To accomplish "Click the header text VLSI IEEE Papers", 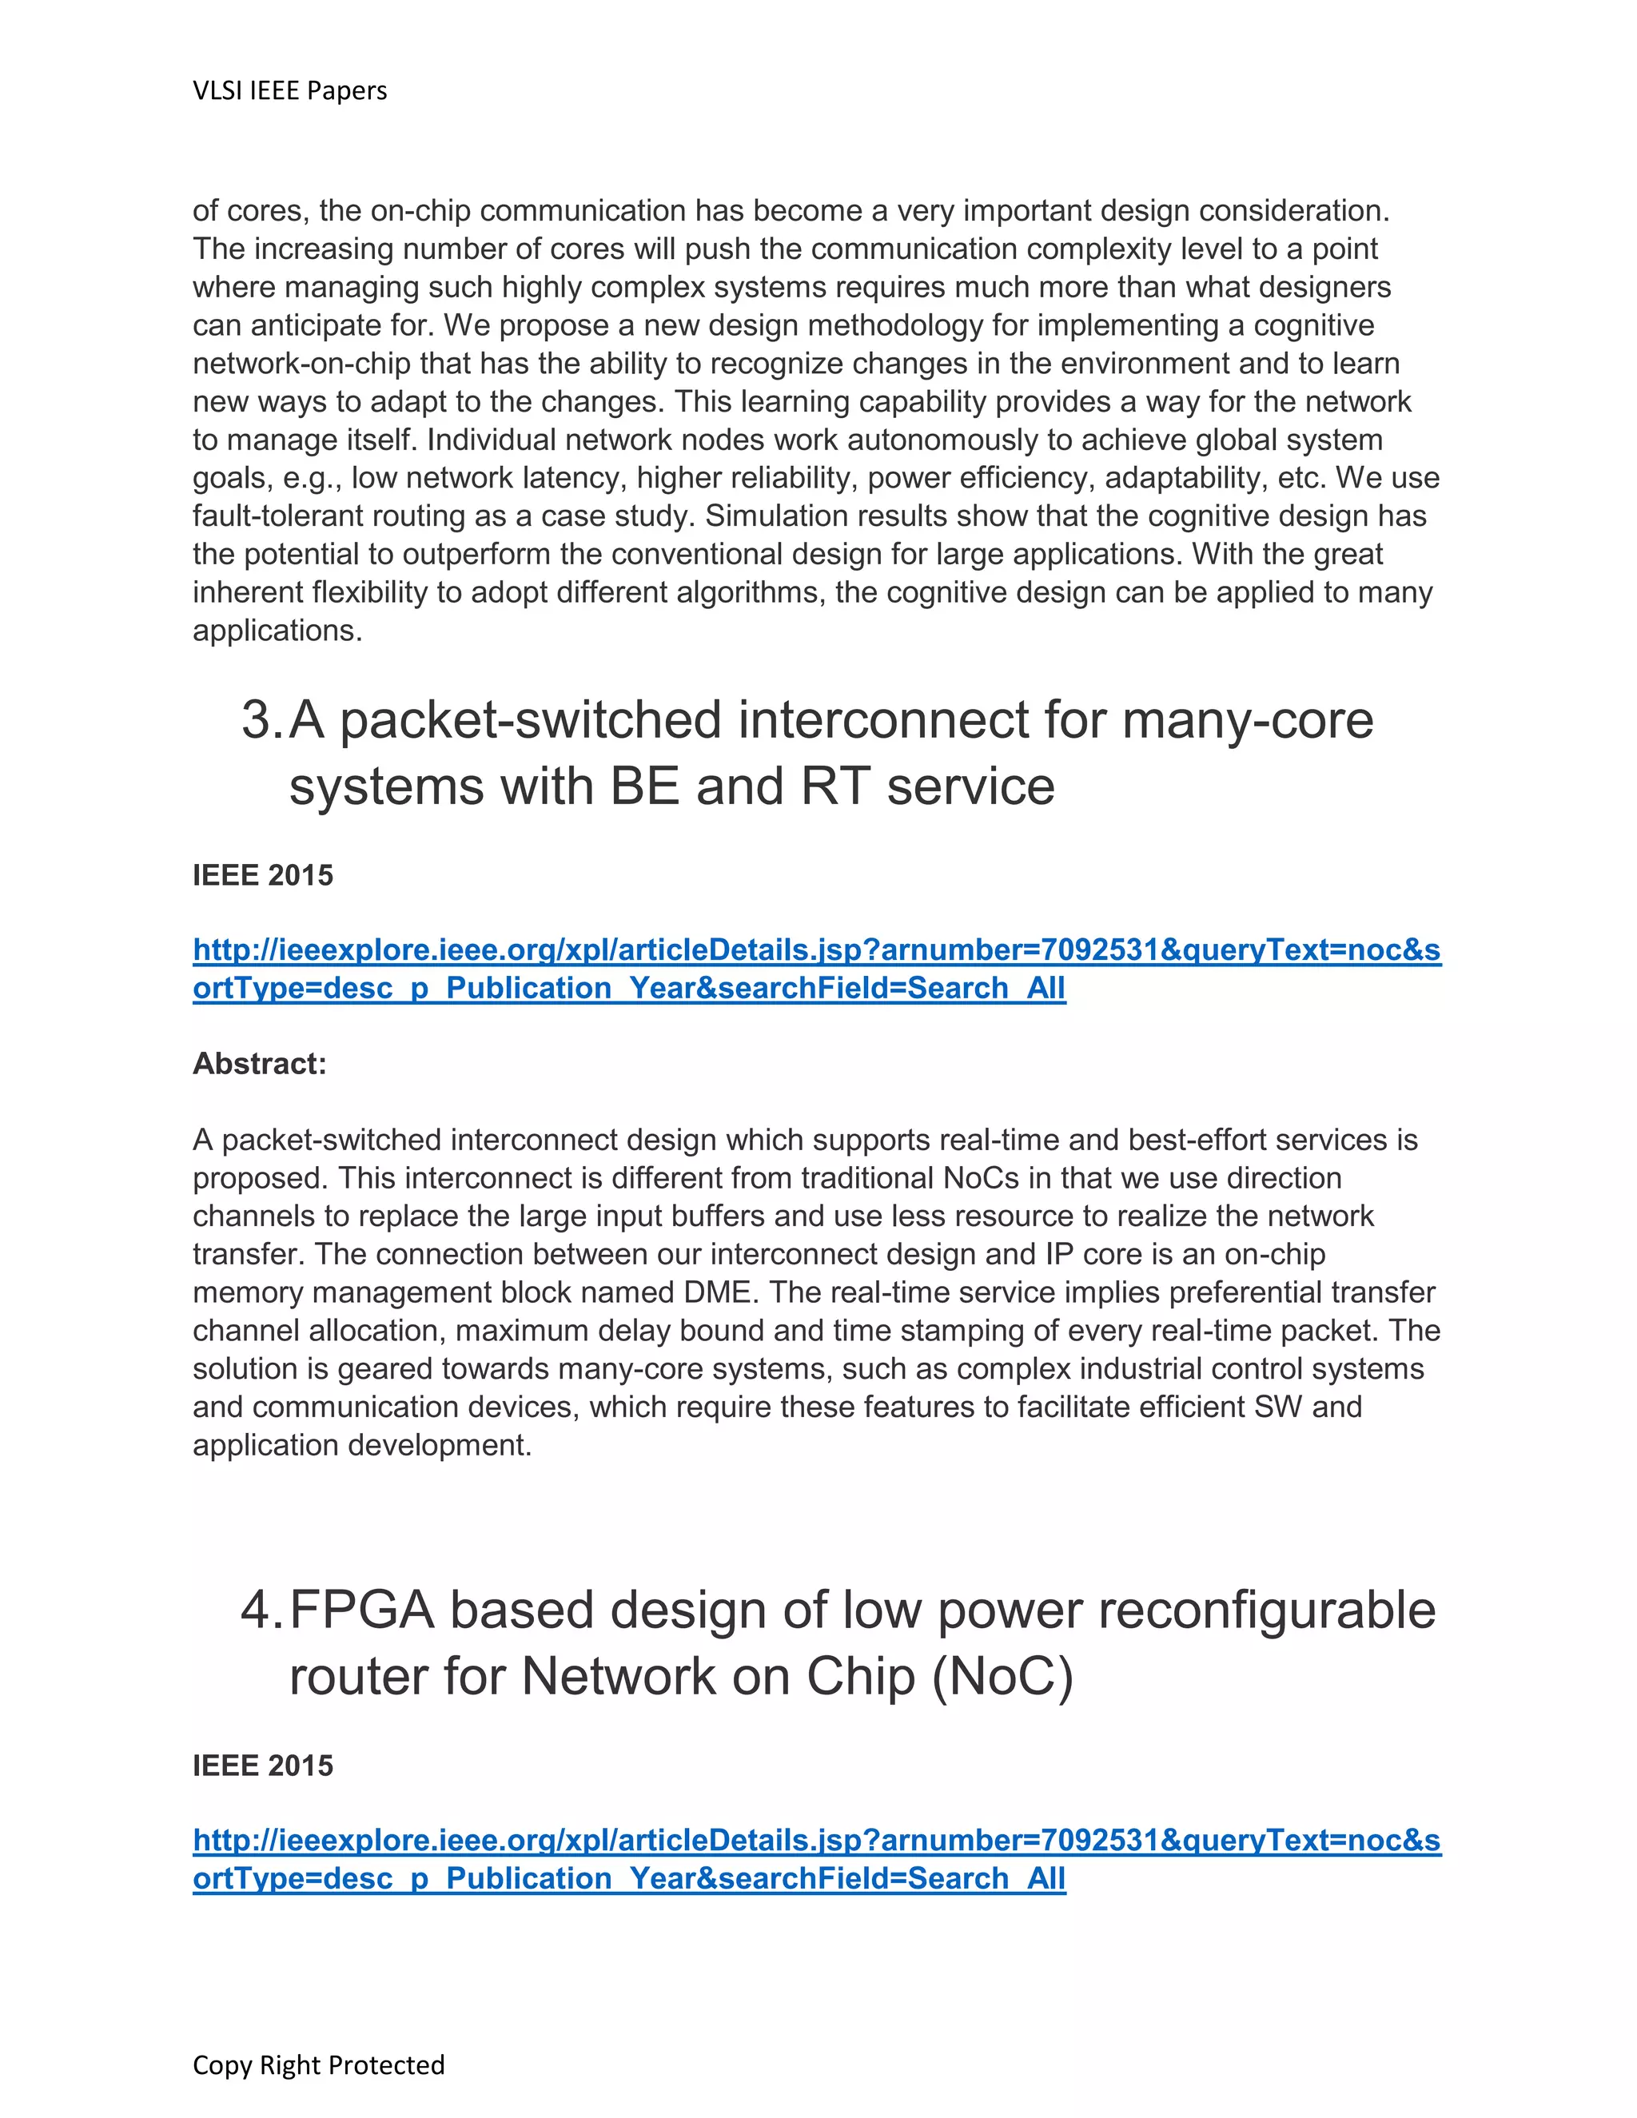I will click(x=290, y=91).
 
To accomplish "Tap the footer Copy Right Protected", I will click(x=318, y=2064).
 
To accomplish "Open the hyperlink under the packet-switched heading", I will click(x=817, y=950).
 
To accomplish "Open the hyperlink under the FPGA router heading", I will click(x=817, y=1841).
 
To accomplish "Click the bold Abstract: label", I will click(x=260, y=1064).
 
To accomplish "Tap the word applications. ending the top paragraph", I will click(x=277, y=631).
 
